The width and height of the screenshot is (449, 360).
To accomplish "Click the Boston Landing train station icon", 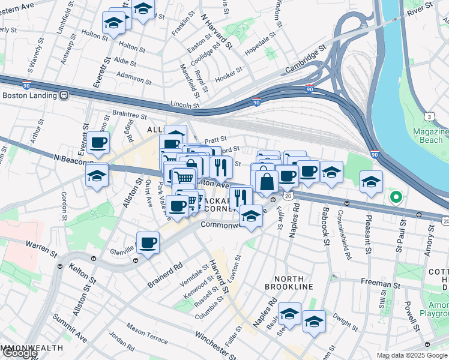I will (x=63, y=95).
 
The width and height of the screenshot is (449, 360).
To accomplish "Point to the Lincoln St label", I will (x=184, y=104).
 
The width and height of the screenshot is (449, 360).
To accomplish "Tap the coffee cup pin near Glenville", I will (x=148, y=243).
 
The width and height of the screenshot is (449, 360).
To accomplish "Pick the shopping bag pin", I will (x=267, y=180).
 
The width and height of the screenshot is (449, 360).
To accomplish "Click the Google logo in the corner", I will (x=19, y=353).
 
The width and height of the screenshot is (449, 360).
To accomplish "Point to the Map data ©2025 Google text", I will (x=412, y=355).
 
